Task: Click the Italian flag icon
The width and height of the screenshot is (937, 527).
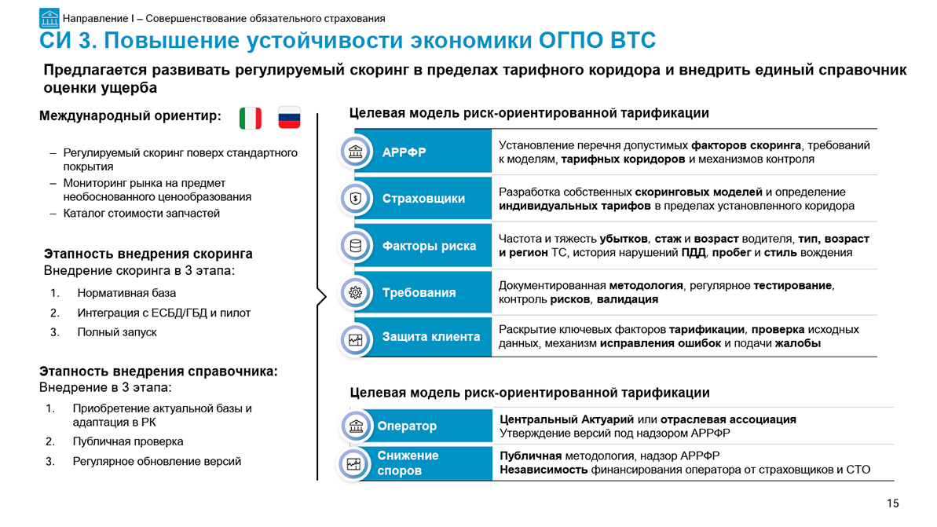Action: tap(251, 118)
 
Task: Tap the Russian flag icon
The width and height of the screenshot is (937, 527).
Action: tap(289, 118)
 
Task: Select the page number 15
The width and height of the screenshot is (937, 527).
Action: tap(893, 503)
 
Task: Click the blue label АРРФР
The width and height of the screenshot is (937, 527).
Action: tap(404, 152)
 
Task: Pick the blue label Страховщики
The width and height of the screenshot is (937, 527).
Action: tap(423, 199)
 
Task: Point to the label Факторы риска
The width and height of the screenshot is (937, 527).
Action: tap(429, 246)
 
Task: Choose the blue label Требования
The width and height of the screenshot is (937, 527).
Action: tap(419, 293)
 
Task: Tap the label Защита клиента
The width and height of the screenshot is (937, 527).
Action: tap(431, 337)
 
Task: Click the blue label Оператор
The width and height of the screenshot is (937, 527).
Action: tap(407, 426)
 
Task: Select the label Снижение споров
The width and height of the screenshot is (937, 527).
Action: tap(408, 463)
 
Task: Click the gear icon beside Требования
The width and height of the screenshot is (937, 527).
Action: tap(356, 293)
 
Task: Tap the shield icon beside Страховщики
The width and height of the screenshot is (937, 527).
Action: tap(356, 199)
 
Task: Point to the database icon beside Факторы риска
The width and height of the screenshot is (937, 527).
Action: tap(356, 246)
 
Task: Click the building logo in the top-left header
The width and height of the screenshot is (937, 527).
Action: tap(49, 19)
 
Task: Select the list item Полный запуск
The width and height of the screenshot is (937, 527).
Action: tap(116, 332)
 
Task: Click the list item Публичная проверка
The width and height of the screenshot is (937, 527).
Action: tap(128, 441)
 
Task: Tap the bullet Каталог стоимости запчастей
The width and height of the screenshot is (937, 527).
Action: tap(141, 214)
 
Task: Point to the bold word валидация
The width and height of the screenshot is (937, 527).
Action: tap(628, 299)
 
